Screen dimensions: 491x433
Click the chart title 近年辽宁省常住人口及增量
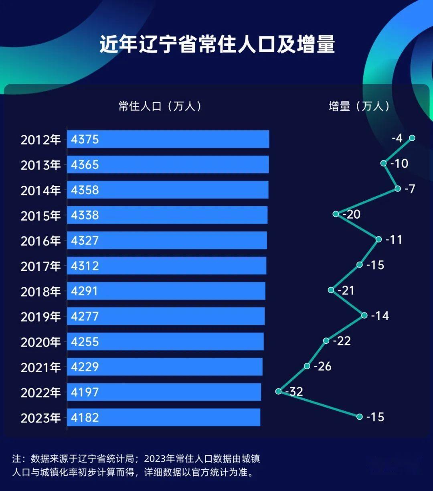[x=217, y=45]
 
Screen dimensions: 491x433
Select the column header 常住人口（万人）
[x=160, y=106]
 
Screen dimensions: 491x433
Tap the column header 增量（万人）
[x=359, y=106]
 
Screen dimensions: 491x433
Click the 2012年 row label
[x=40, y=140]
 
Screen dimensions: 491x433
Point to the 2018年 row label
[x=40, y=291]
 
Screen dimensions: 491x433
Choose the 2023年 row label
[x=40, y=418]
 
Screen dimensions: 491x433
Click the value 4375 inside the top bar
[x=85, y=139]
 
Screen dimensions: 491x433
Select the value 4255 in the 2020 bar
[x=85, y=342]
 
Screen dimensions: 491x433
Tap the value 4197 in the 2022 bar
[x=85, y=392]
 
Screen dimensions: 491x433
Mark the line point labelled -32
[x=279, y=391]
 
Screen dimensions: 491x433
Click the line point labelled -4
[x=412, y=138]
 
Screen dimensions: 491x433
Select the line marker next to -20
[x=336, y=214]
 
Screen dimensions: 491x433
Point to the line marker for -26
[x=307, y=366]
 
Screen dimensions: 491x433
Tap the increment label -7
[x=409, y=189]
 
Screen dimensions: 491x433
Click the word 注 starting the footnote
[x=16, y=459]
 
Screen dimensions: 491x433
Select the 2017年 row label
[x=40, y=266]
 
